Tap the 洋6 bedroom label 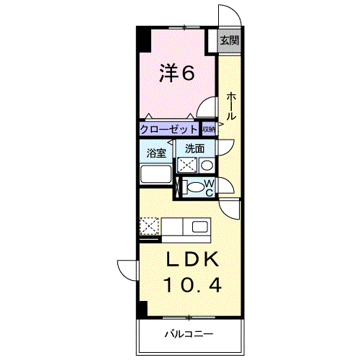pos(177,73)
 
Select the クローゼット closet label pos(168,130)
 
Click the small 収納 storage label pos(209,130)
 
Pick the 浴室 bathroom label pos(156,153)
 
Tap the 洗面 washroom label pos(194,149)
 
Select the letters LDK pos(189,260)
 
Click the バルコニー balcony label pos(188,334)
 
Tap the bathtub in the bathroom pos(154,174)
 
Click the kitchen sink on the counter pos(198,228)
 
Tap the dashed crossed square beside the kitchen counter pos(150,228)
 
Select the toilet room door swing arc pos(228,186)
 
